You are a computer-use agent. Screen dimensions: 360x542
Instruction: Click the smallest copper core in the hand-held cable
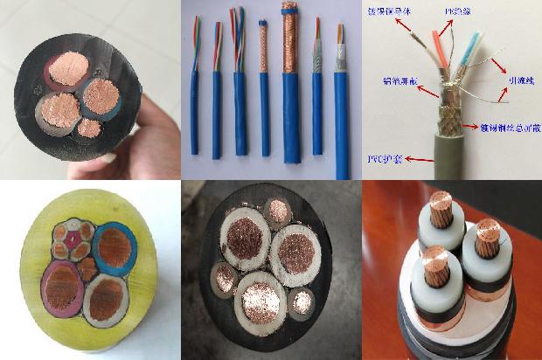[x=88, y=128]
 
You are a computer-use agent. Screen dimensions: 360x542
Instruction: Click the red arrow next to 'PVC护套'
[x=415, y=158]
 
